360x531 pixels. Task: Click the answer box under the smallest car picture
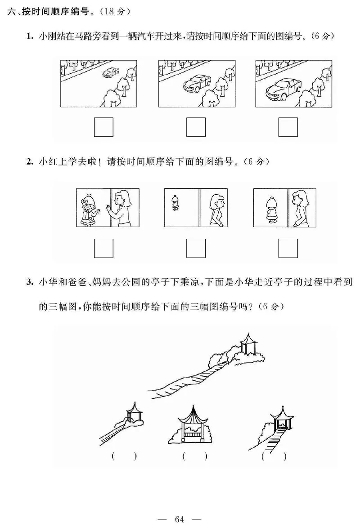(x=103, y=127)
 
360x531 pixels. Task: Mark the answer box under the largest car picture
(x=288, y=127)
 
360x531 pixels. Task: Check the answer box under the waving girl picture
(x=103, y=248)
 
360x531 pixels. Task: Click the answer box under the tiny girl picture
(x=196, y=248)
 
